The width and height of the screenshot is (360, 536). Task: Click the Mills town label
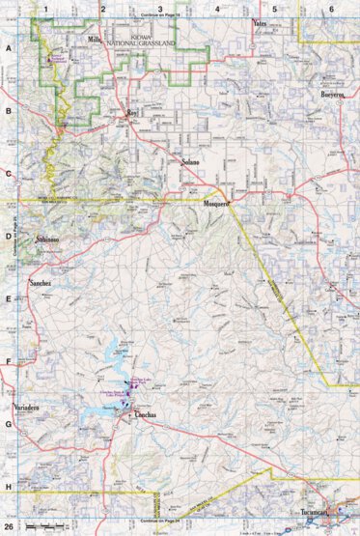point(95,39)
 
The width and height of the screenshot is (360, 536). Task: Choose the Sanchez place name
point(41,286)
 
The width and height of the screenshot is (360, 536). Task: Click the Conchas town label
point(141,415)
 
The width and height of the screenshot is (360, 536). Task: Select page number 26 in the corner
point(10,526)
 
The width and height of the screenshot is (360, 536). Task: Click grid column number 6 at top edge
point(331,9)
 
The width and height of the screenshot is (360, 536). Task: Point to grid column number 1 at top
point(45,9)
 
